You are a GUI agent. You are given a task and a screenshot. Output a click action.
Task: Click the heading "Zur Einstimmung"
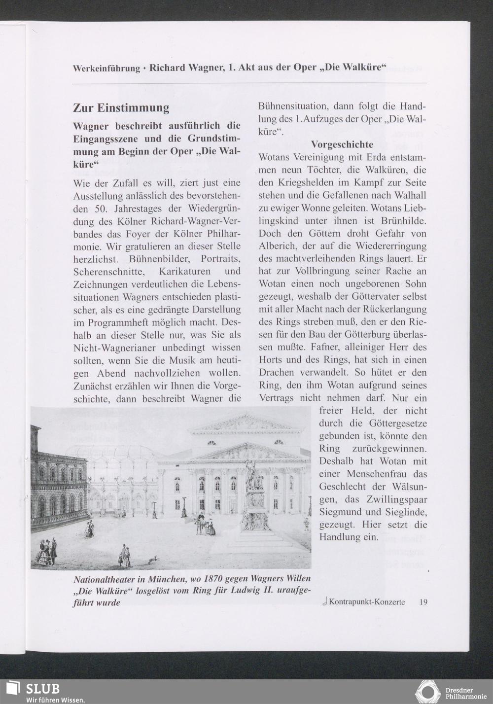click(x=121, y=107)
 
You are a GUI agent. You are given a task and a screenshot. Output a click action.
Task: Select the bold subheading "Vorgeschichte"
click(x=342, y=144)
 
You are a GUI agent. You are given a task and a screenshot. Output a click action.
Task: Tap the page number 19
click(x=423, y=601)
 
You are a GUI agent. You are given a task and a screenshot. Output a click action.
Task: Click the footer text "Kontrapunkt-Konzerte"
click(x=367, y=601)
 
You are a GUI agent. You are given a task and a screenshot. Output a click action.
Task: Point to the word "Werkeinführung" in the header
click(x=106, y=68)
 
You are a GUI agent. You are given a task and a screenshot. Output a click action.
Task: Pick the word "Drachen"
click(x=277, y=372)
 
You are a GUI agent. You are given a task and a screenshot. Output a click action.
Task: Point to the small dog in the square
click(x=152, y=559)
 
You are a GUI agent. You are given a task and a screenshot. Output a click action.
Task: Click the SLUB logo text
click(x=42, y=688)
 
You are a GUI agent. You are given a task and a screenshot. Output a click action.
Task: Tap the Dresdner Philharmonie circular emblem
click(x=427, y=691)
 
